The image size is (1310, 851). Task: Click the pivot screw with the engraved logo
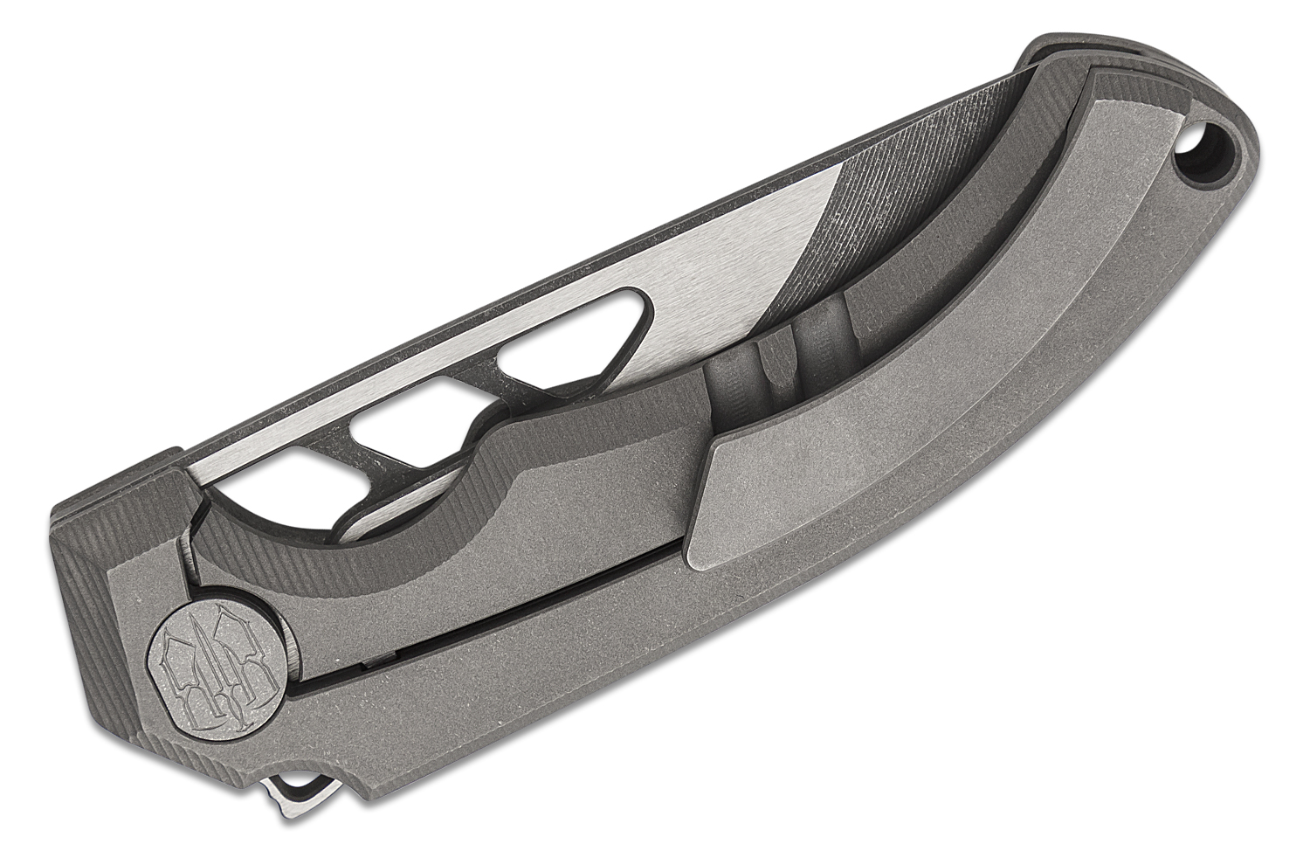coord(217,648)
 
